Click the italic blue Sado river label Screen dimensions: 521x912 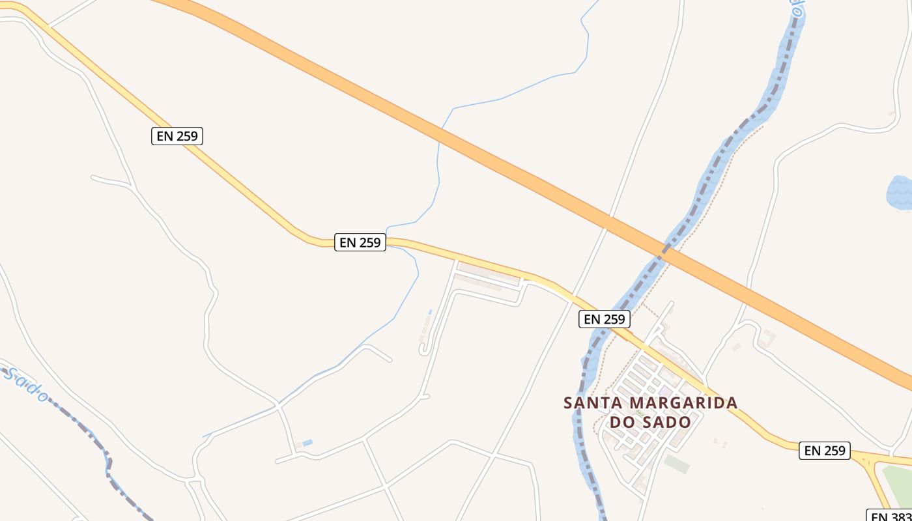(x=26, y=384)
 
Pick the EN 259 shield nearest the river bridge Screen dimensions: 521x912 (x=604, y=319)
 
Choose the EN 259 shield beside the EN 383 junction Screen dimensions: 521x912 (x=824, y=450)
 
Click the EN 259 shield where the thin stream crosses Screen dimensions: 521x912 (x=360, y=242)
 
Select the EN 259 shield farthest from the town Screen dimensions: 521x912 (x=177, y=136)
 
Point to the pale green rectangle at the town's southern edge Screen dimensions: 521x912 (x=677, y=464)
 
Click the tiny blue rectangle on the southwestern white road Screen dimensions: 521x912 (x=307, y=443)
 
